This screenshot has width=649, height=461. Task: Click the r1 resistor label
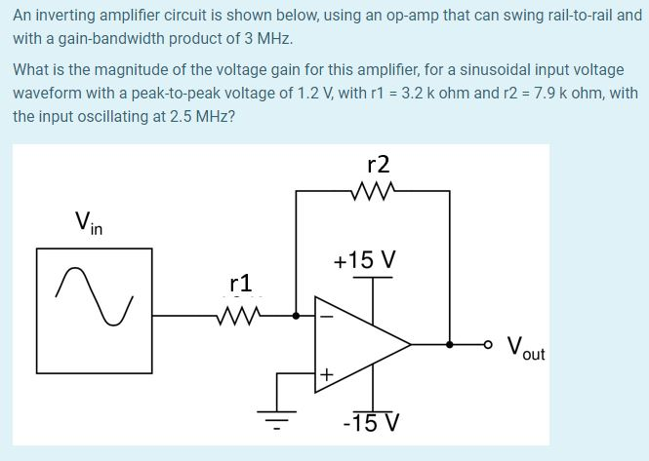(241, 284)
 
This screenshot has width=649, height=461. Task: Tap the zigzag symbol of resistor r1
(240, 315)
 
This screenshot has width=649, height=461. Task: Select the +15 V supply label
(364, 261)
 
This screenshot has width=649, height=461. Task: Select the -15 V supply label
(372, 423)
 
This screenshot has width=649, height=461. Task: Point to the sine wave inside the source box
(95, 294)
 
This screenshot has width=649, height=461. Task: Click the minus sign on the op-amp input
(327, 315)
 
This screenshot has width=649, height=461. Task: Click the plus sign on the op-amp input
(327, 373)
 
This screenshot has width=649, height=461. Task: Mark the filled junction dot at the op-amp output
(449, 344)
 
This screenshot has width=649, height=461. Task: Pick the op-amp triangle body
(356, 344)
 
